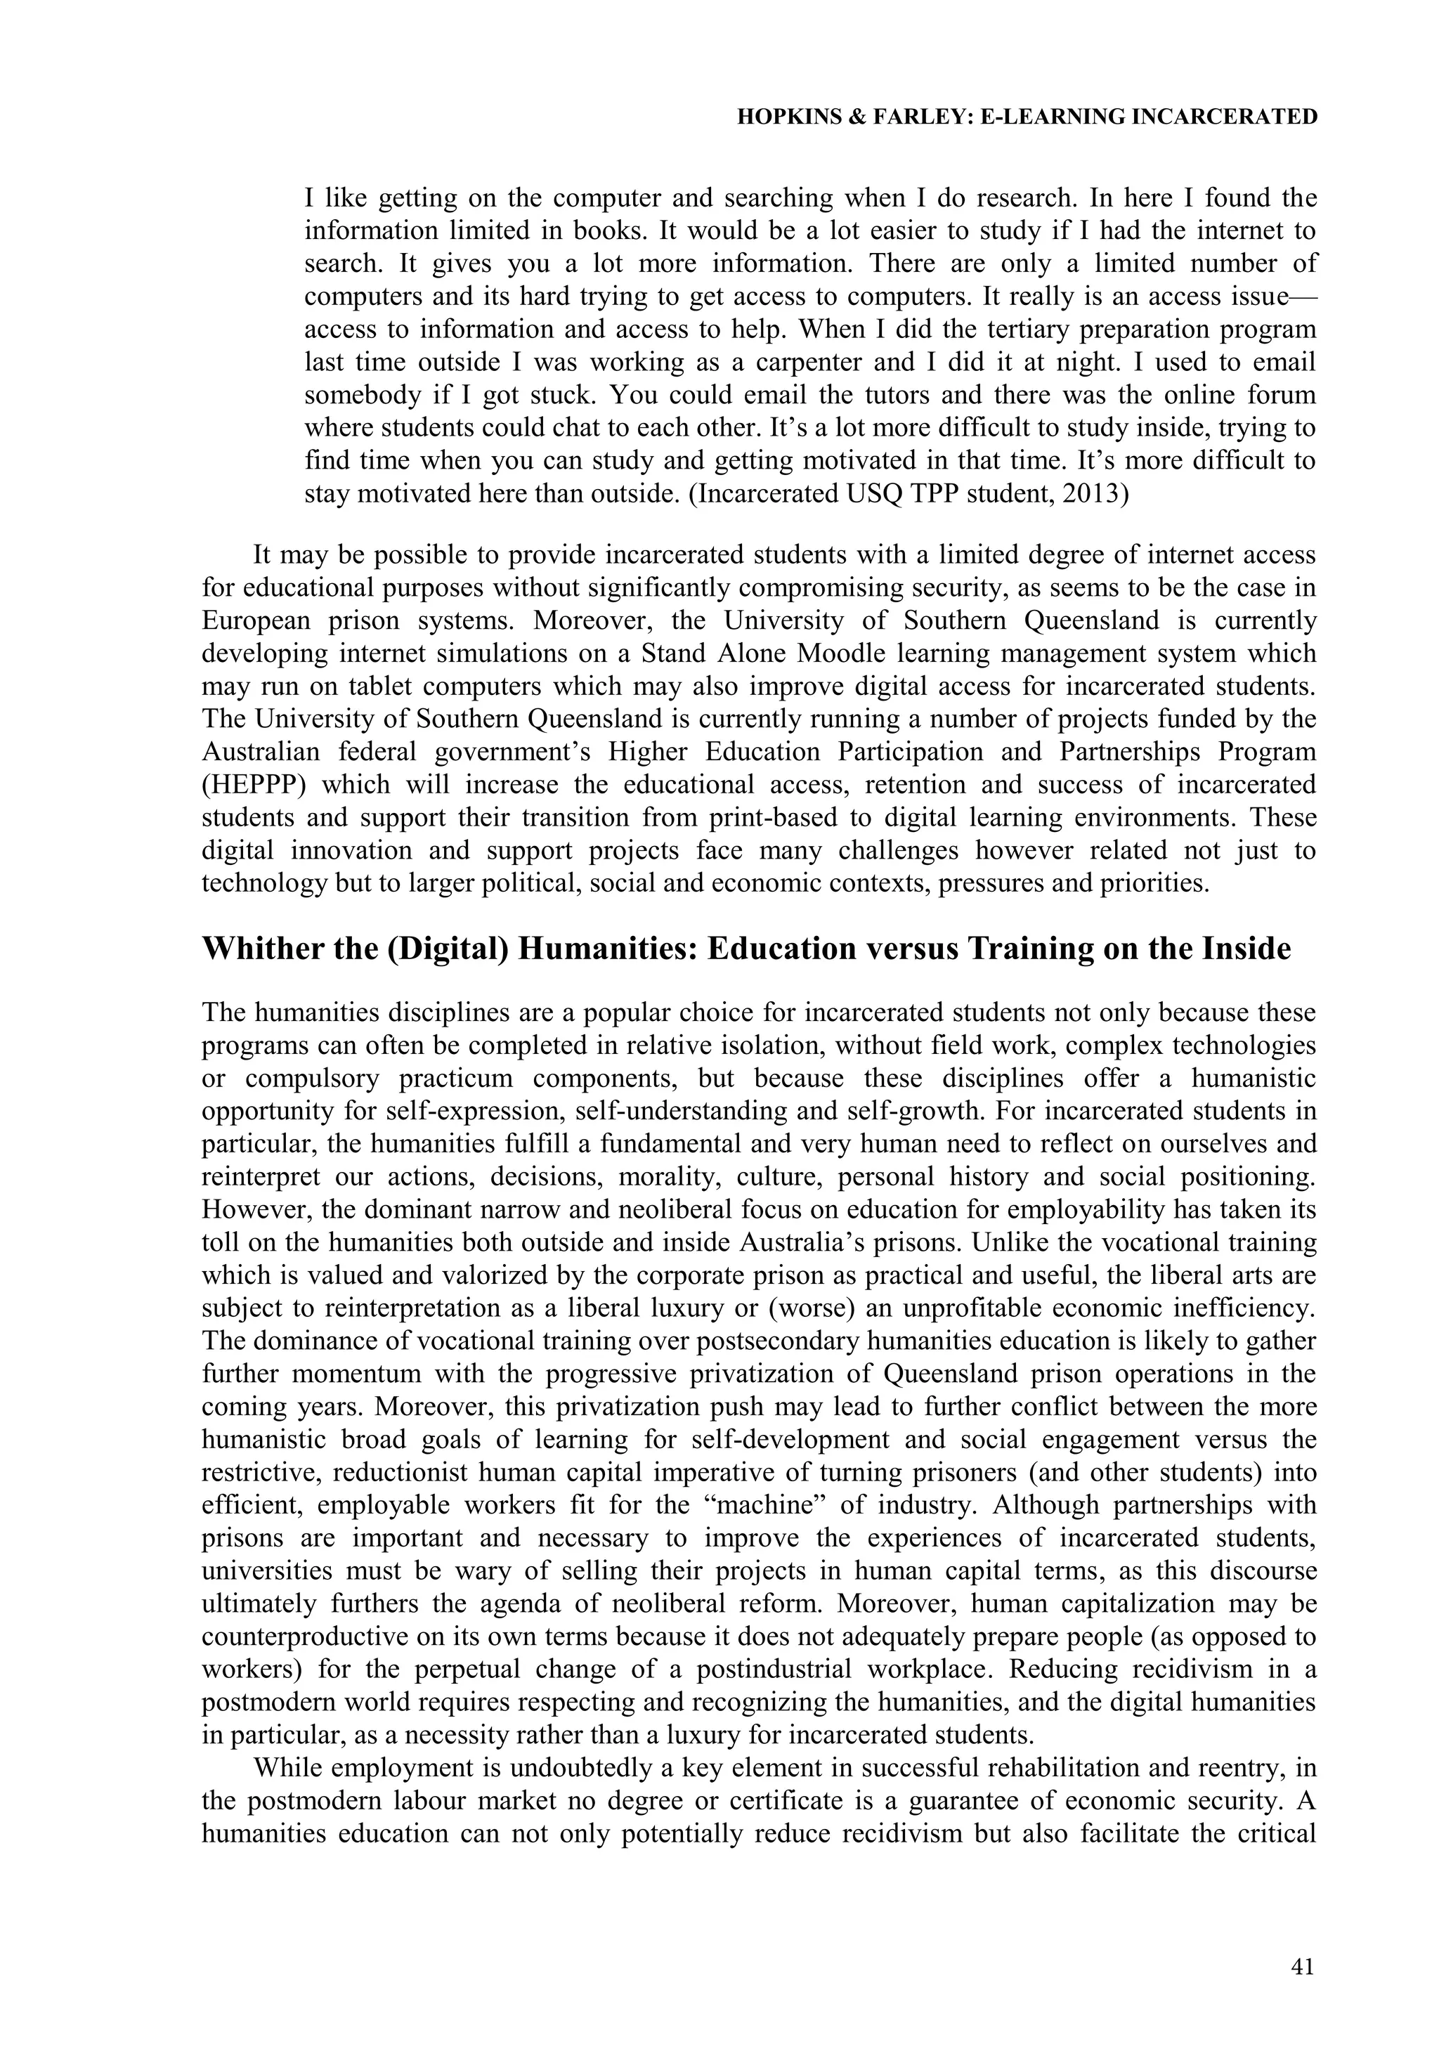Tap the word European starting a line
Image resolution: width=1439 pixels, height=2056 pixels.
pyautogui.click(x=257, y=621)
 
